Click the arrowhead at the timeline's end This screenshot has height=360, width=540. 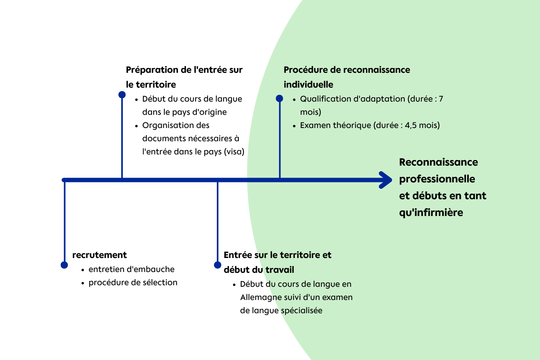(x=386, y=180)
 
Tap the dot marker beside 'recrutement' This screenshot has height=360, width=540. (x=64, y=265)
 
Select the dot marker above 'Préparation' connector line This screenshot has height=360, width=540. (x=122, y=95)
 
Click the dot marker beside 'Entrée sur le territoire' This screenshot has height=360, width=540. (x=218, y=265)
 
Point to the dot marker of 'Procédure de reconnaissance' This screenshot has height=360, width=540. (x=280, y=98)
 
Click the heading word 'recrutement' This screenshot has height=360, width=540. (x=99, y=255)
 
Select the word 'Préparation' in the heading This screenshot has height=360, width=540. (x=152, y=70)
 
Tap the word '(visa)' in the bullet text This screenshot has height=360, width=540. (x=234, y=152)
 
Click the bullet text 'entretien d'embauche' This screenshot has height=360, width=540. (x=132, y=269)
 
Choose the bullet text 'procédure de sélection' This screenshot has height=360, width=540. (x=133, y=282)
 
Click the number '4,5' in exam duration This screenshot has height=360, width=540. (x=410, y=125)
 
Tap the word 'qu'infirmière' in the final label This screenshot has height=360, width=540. (x=431, y=212)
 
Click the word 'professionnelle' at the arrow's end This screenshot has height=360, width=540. (x=437, y=179)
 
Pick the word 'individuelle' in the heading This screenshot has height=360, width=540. (x=308, y=84)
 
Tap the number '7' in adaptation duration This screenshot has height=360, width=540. (x=441, y=99)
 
